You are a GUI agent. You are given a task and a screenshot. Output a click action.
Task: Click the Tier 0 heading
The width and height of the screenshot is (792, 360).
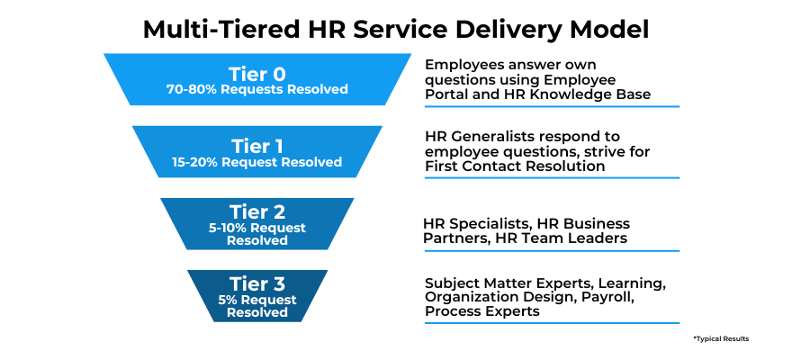pyautogui.click(x=256, y=74)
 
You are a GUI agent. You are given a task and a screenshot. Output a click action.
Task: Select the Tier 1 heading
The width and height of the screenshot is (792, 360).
pyautogui.click(x=256, y=146)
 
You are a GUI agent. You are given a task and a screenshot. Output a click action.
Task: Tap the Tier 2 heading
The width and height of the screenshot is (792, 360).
pyautogui.click(x=256, y=211)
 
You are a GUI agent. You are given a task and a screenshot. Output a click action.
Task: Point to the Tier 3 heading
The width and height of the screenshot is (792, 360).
pyautogui.click(x=256, y=283)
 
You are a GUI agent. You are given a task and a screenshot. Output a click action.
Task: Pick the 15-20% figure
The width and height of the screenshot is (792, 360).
pyautogui.click(x=194, y=163)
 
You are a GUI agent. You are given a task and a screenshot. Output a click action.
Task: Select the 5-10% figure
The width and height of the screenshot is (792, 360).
pyautogui.click(x=227, y=229)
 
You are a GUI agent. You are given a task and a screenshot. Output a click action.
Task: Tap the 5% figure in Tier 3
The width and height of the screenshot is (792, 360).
pyautogui.click(x=227, y=300)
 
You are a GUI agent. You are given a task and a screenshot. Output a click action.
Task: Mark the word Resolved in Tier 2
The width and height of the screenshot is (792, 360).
pyautogui.click(x=256, y=241)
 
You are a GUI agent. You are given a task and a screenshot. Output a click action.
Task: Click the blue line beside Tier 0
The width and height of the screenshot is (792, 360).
pyautogui.click(x=552, y=106)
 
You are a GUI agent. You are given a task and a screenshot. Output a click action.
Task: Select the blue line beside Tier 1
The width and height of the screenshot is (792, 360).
pyautogui.click(x=552, y=178)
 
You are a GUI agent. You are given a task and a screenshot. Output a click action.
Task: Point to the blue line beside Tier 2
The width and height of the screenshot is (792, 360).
pyautogui.click(x=552, y=250)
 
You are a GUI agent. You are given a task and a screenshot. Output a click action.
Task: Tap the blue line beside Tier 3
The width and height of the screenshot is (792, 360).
pyautogui.click(x=552, y=322)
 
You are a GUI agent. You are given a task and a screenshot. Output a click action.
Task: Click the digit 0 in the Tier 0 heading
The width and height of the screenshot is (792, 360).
pyautogui.click(x=279, y=74)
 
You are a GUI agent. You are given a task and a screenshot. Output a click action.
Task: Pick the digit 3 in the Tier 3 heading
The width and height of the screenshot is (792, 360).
pyautogui.click(x=278, y=283)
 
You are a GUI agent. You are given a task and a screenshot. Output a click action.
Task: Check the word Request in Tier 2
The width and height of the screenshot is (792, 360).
pyautogui.click(x=278, y=229)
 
